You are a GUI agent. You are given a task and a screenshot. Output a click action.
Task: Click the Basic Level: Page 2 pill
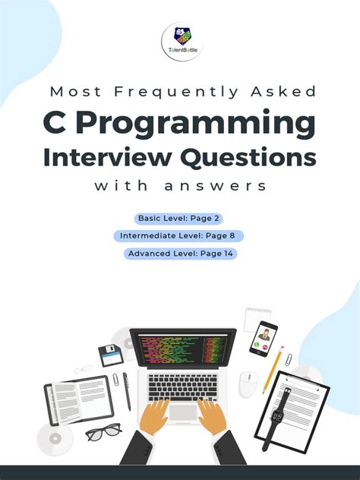179,219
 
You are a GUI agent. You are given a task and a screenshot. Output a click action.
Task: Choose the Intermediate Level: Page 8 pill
179,236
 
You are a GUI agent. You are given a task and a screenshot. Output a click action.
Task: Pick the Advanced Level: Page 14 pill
180,254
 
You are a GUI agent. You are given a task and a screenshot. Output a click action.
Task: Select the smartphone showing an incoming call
264,338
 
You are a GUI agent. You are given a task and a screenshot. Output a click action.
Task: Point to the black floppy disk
110,355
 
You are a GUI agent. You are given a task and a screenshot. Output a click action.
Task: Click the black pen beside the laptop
127,390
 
